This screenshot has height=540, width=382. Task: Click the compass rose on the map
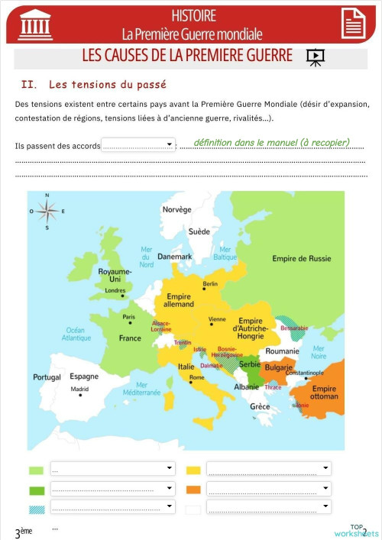(x=47, y=211)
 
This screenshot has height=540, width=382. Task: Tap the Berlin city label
(x=210, y=284)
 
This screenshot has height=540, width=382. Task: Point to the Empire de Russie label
(x=302, y=258)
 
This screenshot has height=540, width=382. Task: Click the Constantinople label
(x=305, y=373)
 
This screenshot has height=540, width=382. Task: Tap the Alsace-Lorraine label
(x=161, y=326)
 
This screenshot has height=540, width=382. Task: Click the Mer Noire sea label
(x=319, y=351)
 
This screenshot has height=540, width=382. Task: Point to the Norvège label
(x=176, y=209)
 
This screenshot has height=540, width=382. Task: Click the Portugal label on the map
(x=47, y=377)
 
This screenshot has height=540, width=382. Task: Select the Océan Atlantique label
(x=76, y=333)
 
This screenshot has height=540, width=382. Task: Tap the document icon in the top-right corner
(x=352, y=22)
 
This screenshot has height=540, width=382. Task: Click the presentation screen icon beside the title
(x=314, y=57)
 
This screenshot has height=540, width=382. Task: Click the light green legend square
(x=36, y=470)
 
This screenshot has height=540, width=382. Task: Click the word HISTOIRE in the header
(x=193, y=15)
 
